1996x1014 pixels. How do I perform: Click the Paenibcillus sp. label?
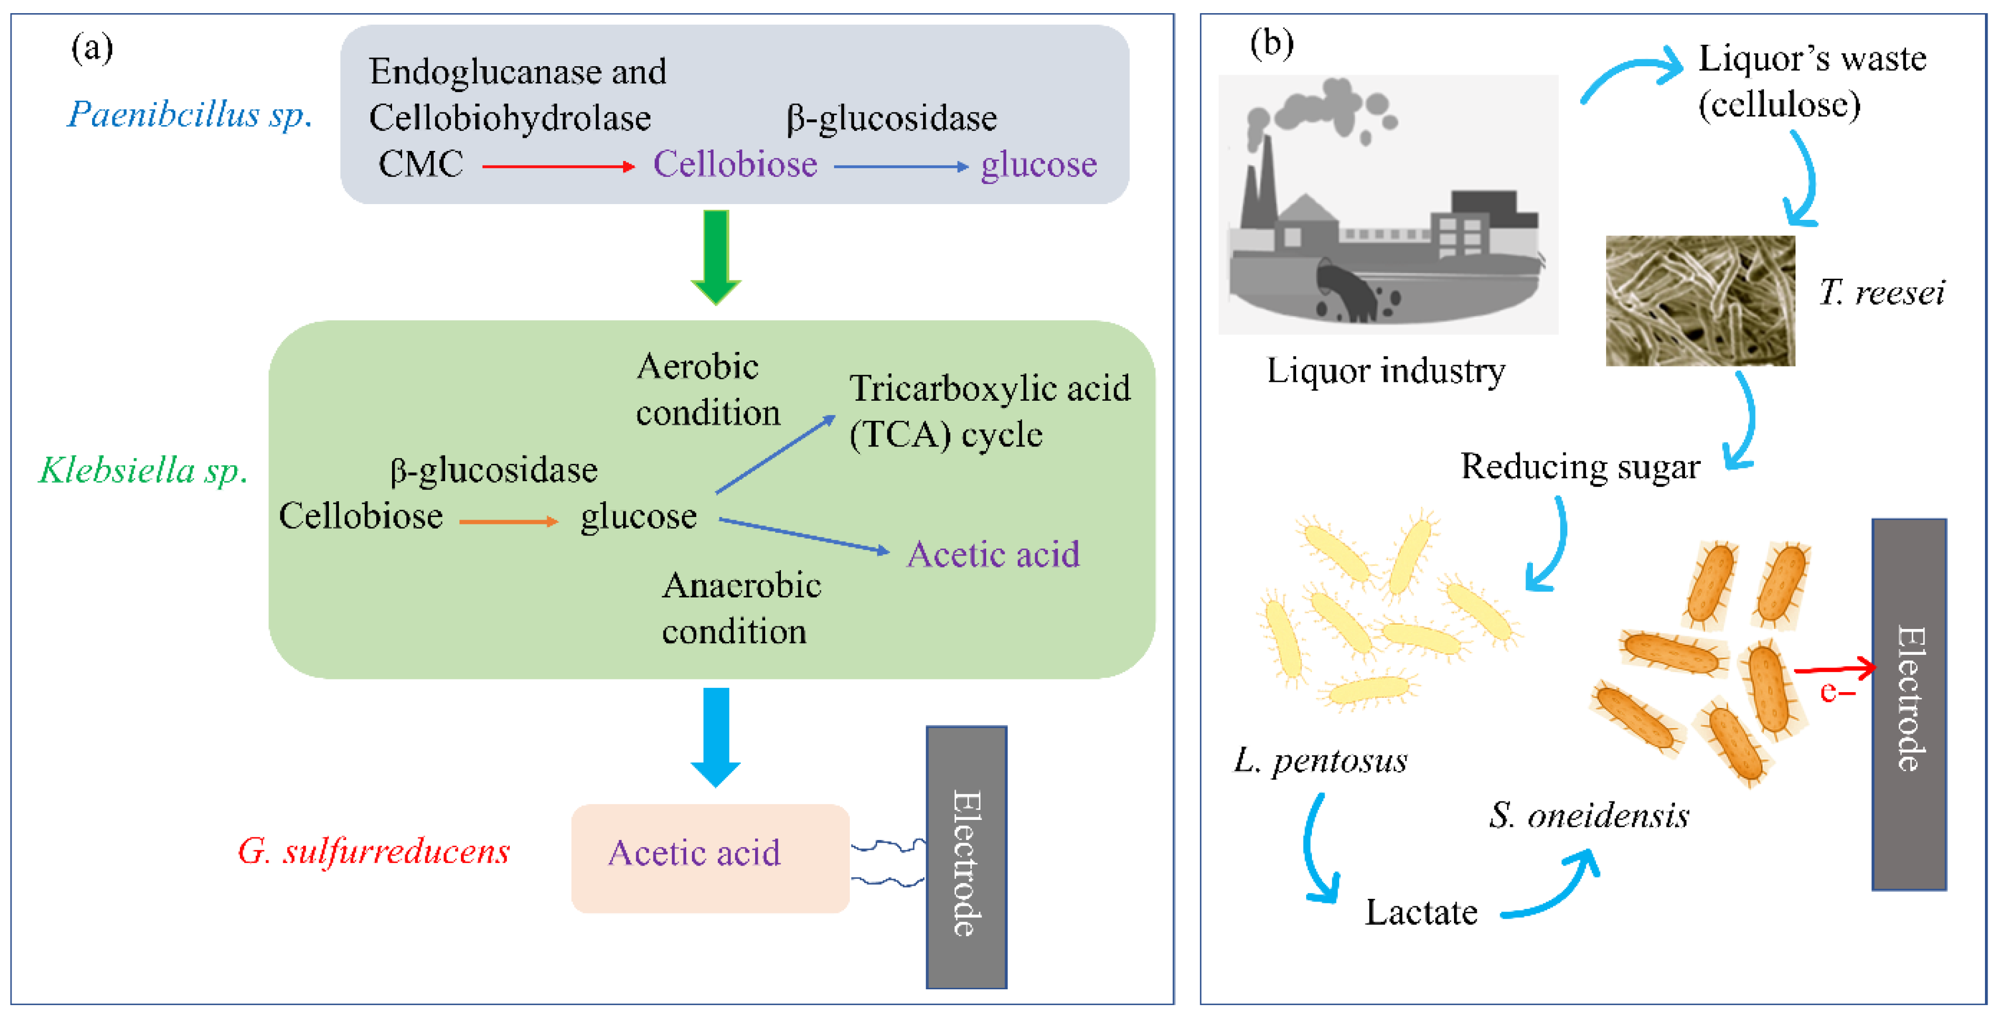coord(190,115)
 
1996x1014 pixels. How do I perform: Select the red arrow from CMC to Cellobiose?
coord(558,166)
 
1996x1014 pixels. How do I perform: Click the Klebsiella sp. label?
coord(143,470)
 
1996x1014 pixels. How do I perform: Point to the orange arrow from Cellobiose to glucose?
coord(508,521)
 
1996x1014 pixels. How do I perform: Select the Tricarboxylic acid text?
coord(989,388)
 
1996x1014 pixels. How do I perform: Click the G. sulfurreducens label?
coord(374,851)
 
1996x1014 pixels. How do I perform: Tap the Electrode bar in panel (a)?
coord(966,857)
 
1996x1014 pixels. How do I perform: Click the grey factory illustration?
coord(1387,205)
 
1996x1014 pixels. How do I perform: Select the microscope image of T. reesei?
coord(1700,300)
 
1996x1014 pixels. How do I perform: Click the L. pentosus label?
coord(1320,760)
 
